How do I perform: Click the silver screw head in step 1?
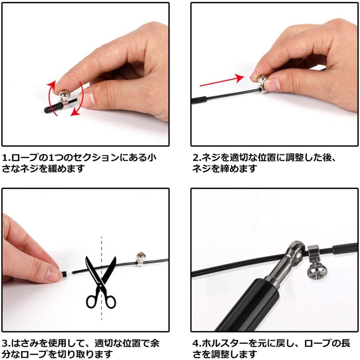(64, 94)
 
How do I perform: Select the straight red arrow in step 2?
(222, 81)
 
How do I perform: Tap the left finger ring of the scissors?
(91, 302)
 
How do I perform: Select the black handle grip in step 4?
(246, 305)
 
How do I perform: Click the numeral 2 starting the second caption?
(196, 158)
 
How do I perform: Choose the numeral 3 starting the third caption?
(5, 343)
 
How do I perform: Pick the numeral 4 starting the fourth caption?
(196, 343)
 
